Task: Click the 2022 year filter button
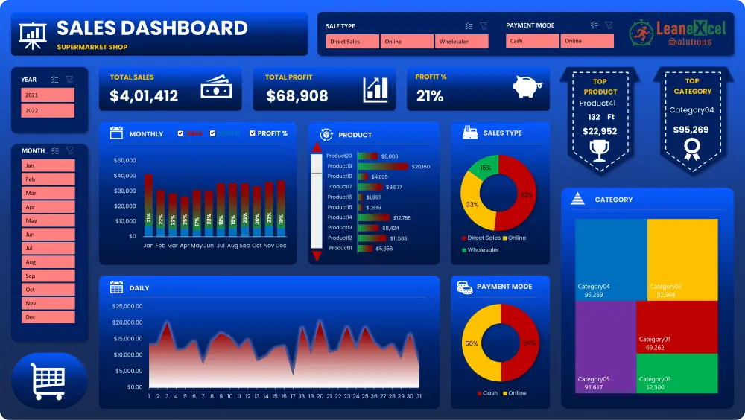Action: point(48,110)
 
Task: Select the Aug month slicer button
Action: point(48,262)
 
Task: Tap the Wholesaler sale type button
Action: point(462,42)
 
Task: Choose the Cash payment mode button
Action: point(532,42)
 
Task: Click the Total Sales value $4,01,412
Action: point(144,96)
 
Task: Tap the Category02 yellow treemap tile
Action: point(682,258)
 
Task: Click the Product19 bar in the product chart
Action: point(383,166)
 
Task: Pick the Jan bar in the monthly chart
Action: point(148,205)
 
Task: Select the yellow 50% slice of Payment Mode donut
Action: point(475,343)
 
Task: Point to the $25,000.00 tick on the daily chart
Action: point(127,306)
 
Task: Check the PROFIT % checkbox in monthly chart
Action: point(253,133)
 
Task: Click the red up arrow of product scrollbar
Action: point(317,147)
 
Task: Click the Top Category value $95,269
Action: point(692,130)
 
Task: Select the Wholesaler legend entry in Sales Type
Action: point(483,250)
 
